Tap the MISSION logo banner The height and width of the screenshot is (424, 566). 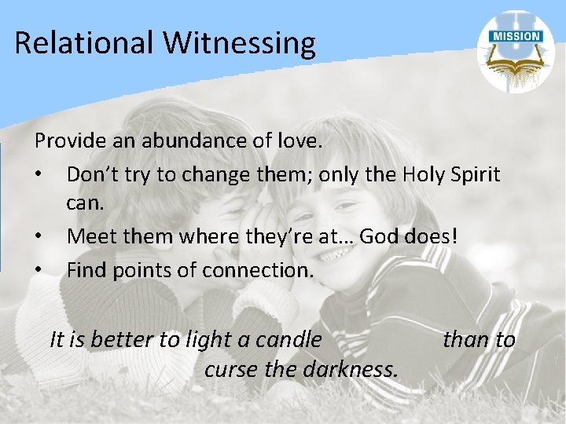coord(516,36)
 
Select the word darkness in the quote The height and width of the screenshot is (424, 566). coord(353,367)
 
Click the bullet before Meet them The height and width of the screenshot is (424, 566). coord(39,236)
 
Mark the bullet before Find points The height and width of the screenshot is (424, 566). coord(39,271)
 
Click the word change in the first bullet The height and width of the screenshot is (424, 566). coord(211,174)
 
